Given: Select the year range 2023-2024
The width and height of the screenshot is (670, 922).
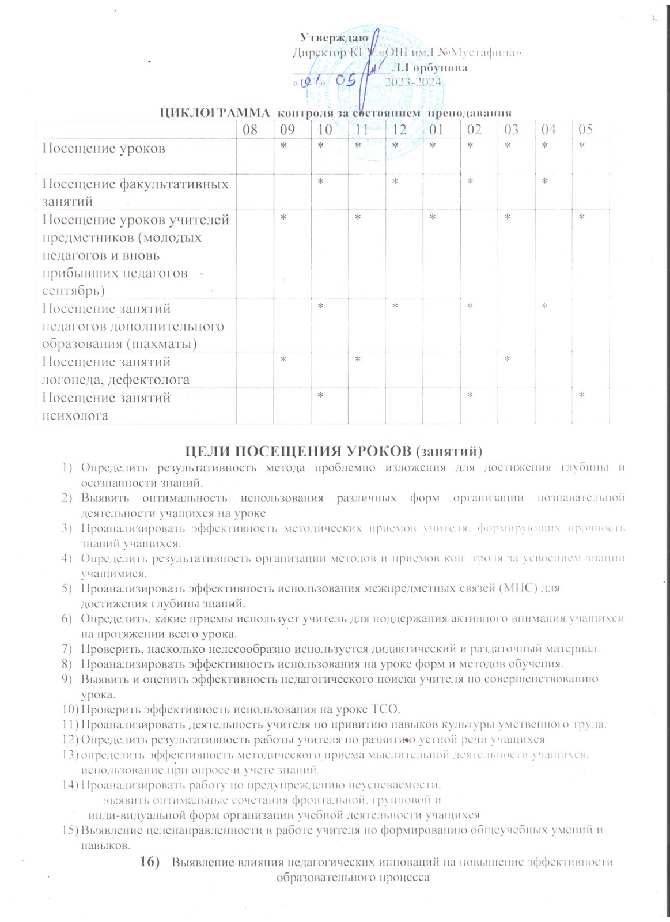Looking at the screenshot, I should [x=413, y=82].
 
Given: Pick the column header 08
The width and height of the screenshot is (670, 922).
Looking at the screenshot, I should [x=250, y=129].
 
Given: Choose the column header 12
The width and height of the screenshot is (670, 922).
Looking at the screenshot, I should [x=399, y=129].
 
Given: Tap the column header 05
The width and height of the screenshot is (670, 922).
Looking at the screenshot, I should [x=585, y=129].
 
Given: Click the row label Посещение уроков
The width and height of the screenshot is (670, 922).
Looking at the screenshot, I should [x=104, y=149].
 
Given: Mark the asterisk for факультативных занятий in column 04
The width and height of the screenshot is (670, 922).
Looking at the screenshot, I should [x=544, y=182].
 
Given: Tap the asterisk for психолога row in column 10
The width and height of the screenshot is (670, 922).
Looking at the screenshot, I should [x=320, y=395].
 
